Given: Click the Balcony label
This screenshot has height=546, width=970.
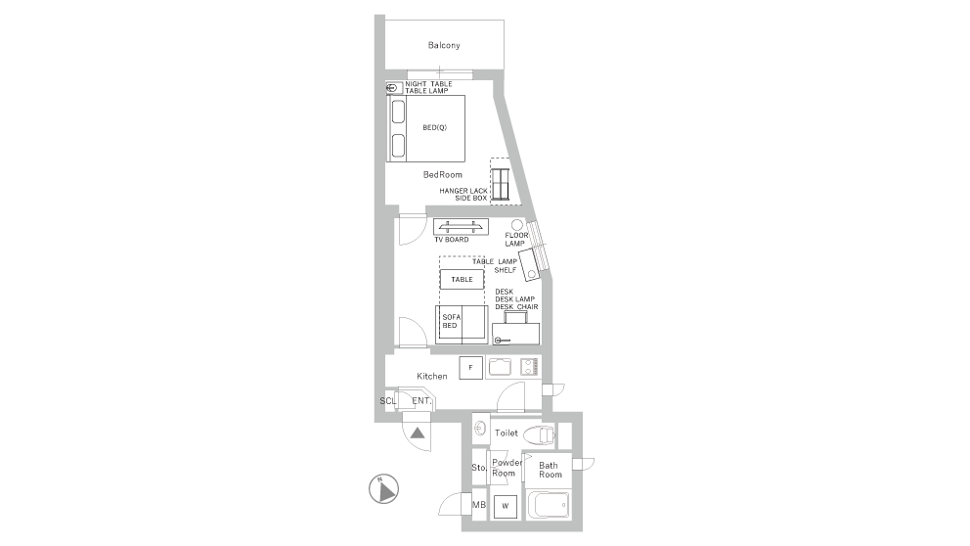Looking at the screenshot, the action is [x=444, y=45].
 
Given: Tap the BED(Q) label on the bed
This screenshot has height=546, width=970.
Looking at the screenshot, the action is [x=434, y=127].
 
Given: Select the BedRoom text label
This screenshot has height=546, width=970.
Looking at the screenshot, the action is [x=442, y=174].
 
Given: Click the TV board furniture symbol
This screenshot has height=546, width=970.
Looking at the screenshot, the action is [x=461, y=226].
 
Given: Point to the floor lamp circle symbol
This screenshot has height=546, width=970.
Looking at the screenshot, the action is [x=517, y=225].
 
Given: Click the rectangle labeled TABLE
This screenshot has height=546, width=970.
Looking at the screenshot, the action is [x=462, y=279].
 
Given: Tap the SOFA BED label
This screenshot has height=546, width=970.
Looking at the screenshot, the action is [x=451, y=321].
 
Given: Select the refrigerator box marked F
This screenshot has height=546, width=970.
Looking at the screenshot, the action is [x=470, y=368].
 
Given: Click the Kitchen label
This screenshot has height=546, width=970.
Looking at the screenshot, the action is [x=432, y=376].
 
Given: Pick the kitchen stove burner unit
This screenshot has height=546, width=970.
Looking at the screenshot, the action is [x=529, y=367].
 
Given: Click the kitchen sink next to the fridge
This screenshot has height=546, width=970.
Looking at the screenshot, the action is [x=500, y=367].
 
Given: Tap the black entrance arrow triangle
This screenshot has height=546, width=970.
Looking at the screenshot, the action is [x=418, y=432].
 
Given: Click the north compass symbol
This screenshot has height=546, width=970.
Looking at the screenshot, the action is [x=383, y=489].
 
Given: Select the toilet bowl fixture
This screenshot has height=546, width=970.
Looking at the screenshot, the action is [x=538, y=435].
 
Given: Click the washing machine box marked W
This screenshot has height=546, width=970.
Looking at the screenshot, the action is [x=505, y=506].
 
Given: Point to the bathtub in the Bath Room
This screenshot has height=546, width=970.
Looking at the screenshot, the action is [x=549, y=505].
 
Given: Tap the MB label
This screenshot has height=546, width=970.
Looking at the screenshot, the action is [x=479, y=505].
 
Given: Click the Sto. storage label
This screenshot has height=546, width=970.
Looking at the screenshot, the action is [x=479, y=468].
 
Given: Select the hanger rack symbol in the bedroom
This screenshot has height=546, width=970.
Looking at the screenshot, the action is [x=500, y=183].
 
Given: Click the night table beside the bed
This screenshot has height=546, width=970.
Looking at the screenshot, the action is [x=394, y=88].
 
